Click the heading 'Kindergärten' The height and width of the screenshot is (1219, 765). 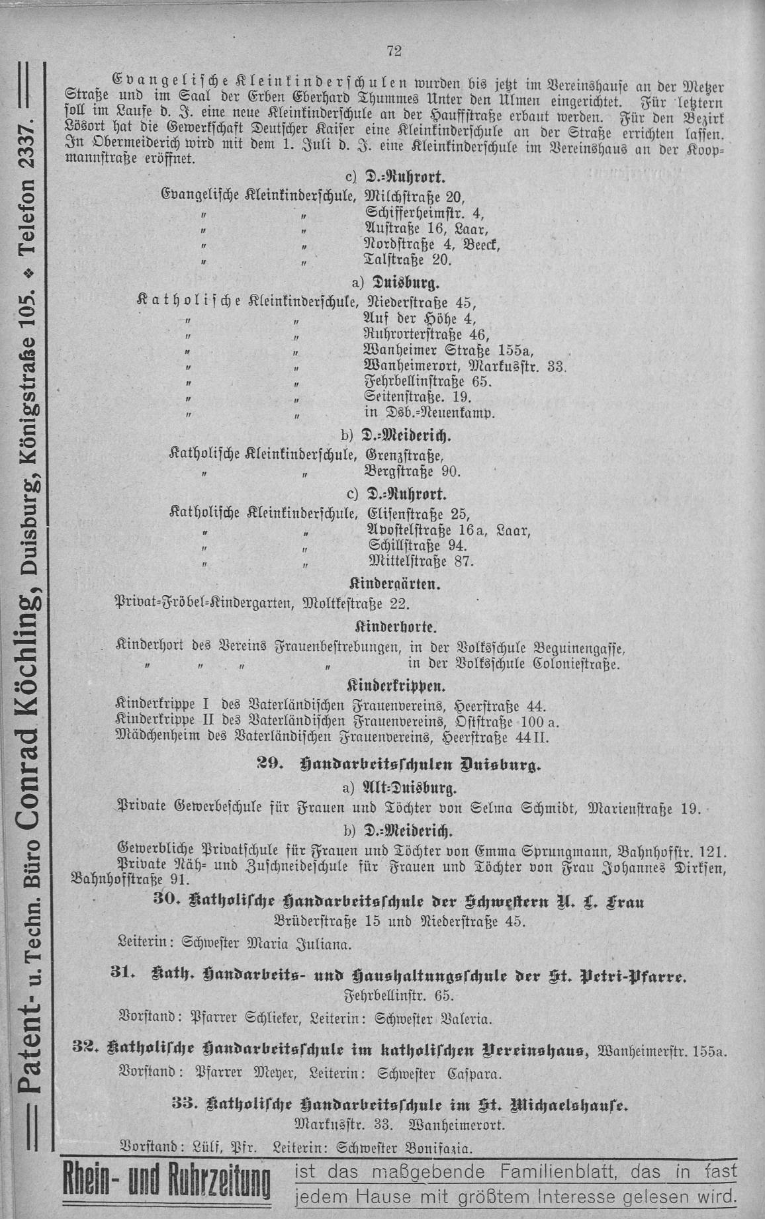pos(394,585)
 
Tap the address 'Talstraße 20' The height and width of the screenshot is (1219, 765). pos(408,260)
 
